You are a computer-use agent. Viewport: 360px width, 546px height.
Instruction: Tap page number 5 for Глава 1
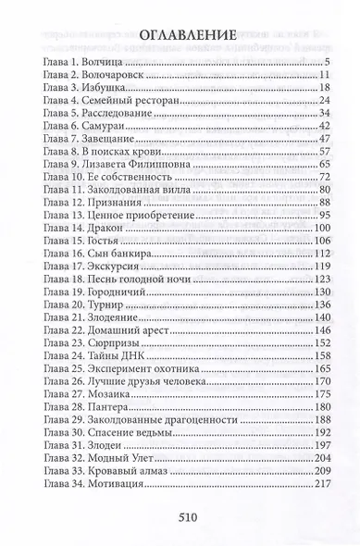[328, 61]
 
